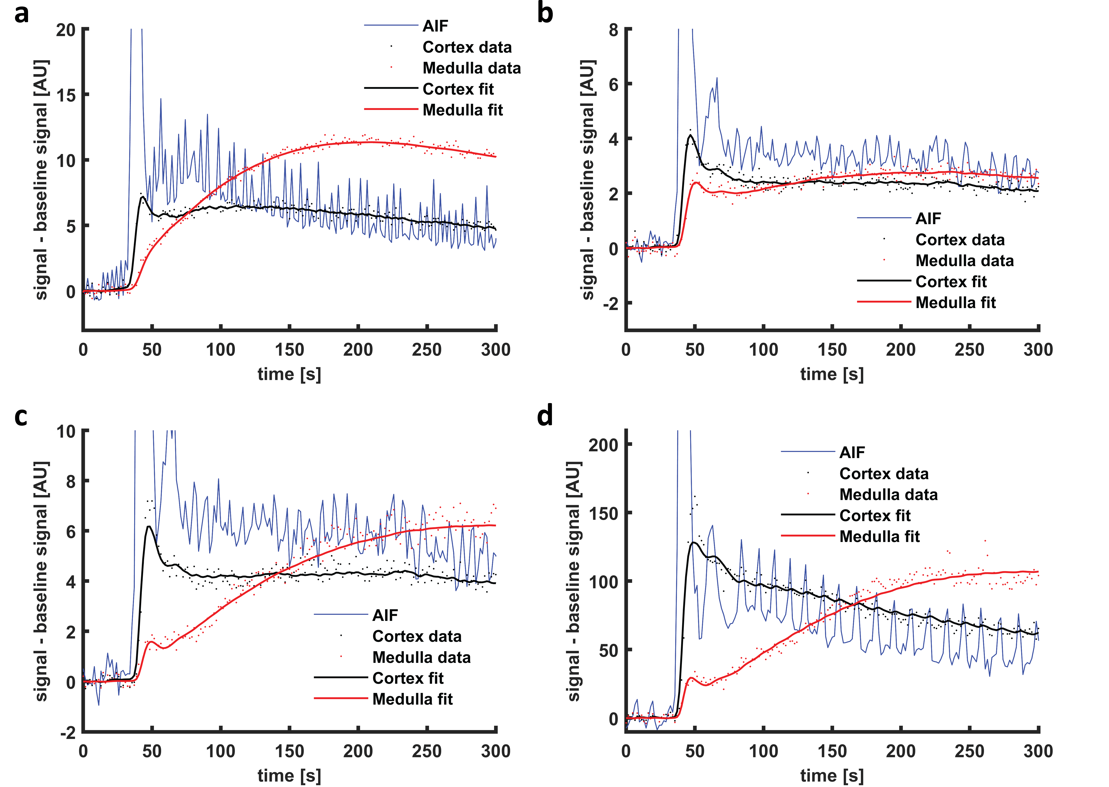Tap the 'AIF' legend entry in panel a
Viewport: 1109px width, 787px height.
click(435, 26)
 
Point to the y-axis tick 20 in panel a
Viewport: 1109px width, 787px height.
click(66, 30)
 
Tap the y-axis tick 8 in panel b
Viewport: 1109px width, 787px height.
click(614, 30)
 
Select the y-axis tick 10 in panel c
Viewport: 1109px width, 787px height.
click(66, 431)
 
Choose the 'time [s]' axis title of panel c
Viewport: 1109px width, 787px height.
click(289, 775)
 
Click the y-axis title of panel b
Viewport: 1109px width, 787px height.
click(588, 180)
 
